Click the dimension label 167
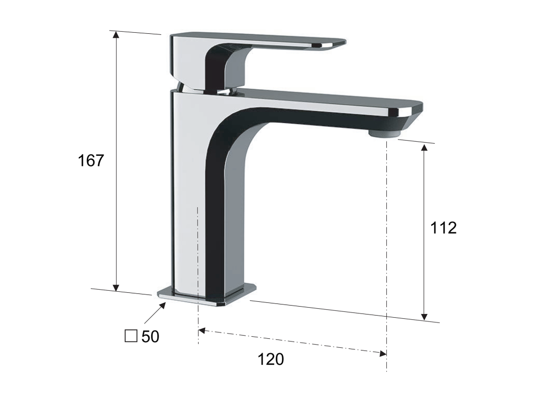click(91, 161)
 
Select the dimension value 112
click(443, 227)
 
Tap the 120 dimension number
click(271, 359)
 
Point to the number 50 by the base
click(151, 337)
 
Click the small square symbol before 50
click(131, 336)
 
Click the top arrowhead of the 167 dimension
click(116, 34)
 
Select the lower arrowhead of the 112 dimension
click(425, 316)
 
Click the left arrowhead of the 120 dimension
click(202, 331)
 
